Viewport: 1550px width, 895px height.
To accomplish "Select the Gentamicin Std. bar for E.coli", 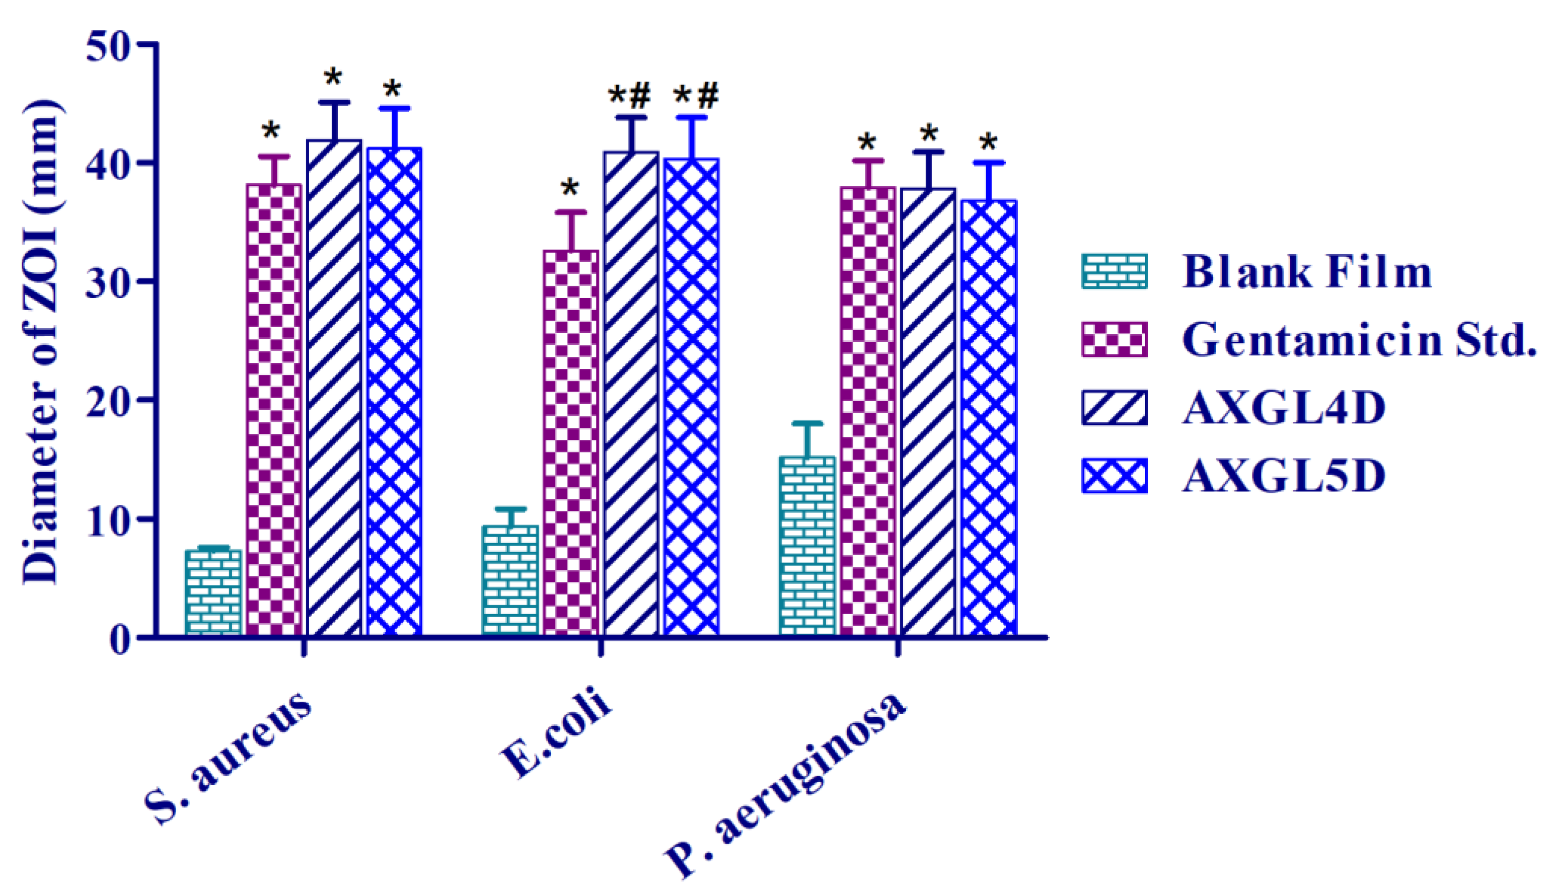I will (571, 442).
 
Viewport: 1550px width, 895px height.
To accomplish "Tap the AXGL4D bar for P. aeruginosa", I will (928, 412).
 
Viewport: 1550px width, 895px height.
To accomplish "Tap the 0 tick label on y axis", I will (120, 640).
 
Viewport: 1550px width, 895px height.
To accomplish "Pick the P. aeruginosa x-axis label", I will (787, 784).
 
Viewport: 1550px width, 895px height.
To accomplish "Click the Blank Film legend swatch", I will (1114, 271).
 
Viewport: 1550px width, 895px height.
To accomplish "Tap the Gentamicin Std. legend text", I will (1358, 340).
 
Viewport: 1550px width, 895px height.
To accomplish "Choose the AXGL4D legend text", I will (1285, 408).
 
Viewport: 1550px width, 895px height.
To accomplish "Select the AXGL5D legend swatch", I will (1114, 476).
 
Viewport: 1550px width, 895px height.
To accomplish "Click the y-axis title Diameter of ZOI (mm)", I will (42, 341).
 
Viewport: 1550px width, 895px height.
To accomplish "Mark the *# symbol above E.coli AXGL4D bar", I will (630, 96).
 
